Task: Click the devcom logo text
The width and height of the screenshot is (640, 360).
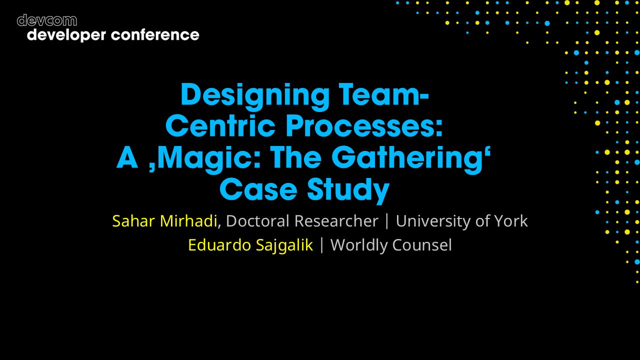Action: (46, 20)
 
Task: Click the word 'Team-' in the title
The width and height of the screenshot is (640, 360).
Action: (383, 93)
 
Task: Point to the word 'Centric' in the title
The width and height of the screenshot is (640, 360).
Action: (220, 126)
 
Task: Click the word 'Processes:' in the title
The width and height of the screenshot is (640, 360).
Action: (364, 126)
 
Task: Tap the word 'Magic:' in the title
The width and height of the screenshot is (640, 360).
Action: (207, 159)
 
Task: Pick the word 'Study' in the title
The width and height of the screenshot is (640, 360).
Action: (348, 191)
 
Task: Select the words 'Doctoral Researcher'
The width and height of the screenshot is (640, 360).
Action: (302, 221)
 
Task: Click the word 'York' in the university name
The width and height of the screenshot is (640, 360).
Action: (511, 221)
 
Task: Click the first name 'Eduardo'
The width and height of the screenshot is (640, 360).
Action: (214, 245)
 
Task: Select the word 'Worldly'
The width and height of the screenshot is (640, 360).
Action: (359, 245)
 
